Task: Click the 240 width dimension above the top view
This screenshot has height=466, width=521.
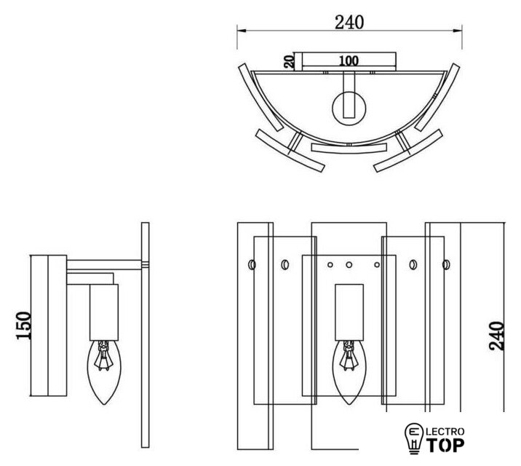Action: (349, 23)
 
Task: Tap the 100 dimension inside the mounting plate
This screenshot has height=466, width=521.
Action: (349, 61)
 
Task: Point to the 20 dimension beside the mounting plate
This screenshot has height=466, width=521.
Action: (289, 62)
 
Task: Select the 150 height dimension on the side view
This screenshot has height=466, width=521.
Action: (23, 325)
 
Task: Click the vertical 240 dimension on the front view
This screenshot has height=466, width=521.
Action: (496, 336)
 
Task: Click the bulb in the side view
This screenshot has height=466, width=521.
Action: (104, 372)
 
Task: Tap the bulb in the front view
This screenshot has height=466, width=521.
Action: (349, 372)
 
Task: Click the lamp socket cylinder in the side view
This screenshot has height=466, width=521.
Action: (104, 312)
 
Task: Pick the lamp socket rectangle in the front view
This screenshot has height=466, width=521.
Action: (349, 312)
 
